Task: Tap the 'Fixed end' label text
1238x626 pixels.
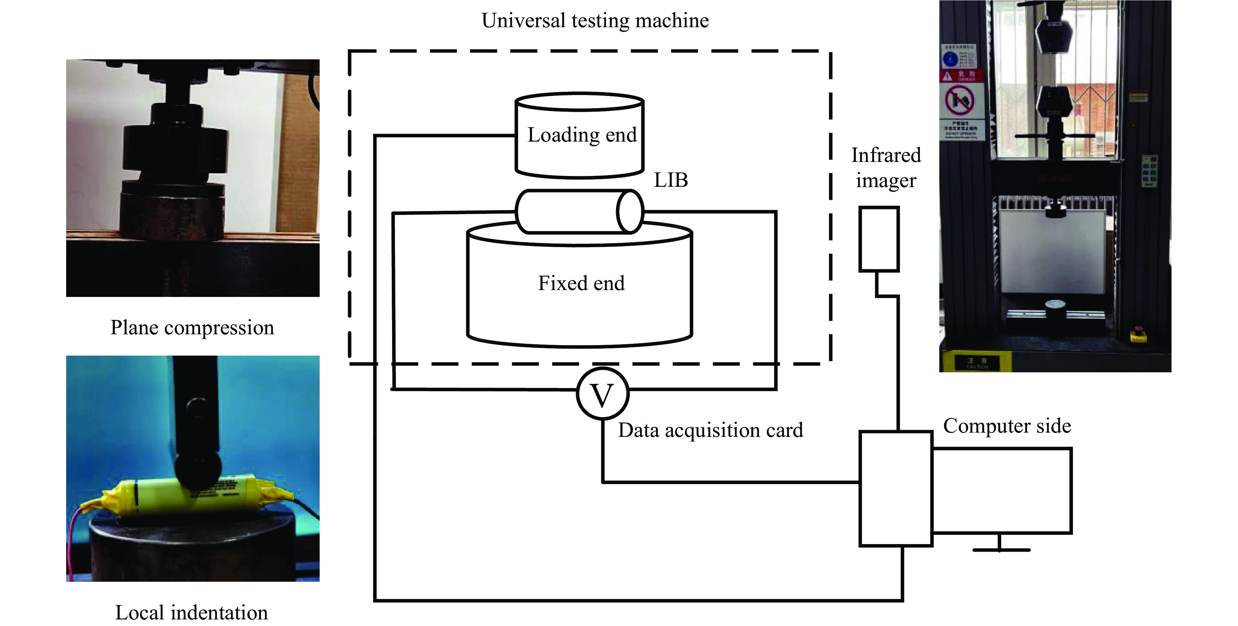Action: tap(581, 283)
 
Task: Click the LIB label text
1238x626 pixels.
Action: tap(670, 180)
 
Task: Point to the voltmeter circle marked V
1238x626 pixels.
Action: tap(602, 394)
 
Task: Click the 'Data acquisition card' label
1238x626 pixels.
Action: tap(710, 430)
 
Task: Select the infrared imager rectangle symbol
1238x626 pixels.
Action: tap(878, 239)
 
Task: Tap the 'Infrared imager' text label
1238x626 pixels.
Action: tap(886, 168)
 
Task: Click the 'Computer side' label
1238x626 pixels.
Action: tap(1007, 426)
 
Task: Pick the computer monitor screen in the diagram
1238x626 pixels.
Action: tap(1002, 490)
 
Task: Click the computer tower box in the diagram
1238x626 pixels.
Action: tap(895, 488)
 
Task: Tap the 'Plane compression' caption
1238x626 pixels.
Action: tap(192, 328)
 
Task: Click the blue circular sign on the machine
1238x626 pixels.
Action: tap(950, 59)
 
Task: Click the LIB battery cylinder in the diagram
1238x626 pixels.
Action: tap(579, 211)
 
